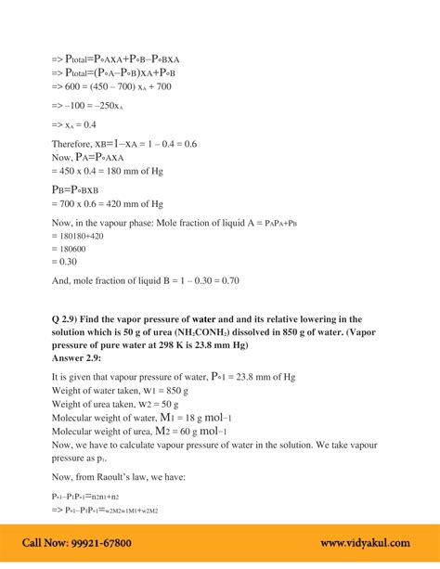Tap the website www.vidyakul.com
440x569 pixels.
[367, 543]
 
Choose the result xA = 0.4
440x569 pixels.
[81, 124]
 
